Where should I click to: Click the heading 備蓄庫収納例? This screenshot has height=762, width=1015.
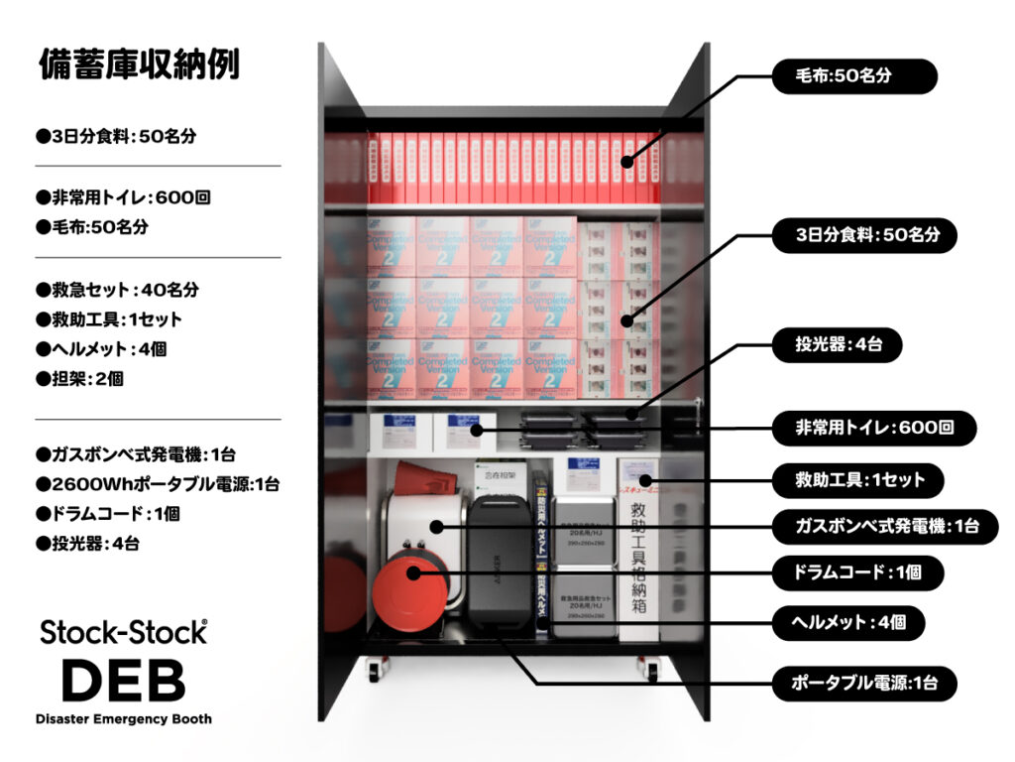pyautogui.click(x=139, y=64)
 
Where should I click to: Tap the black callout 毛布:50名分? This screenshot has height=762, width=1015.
pyautogui.click(x=853, y=76)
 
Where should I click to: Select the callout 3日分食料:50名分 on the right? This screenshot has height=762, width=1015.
pyautogui.click(x=866, y=235)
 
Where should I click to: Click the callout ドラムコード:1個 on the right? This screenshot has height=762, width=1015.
pyautogui.click(x=857, y=572)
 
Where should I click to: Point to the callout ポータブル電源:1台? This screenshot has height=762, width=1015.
pyautogui.click(x=862, y=683)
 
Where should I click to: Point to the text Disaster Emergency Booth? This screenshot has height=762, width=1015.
pyautogui.click(x=123, y=718)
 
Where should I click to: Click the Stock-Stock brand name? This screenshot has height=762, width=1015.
pyautogui.click(x=123, y=633)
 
